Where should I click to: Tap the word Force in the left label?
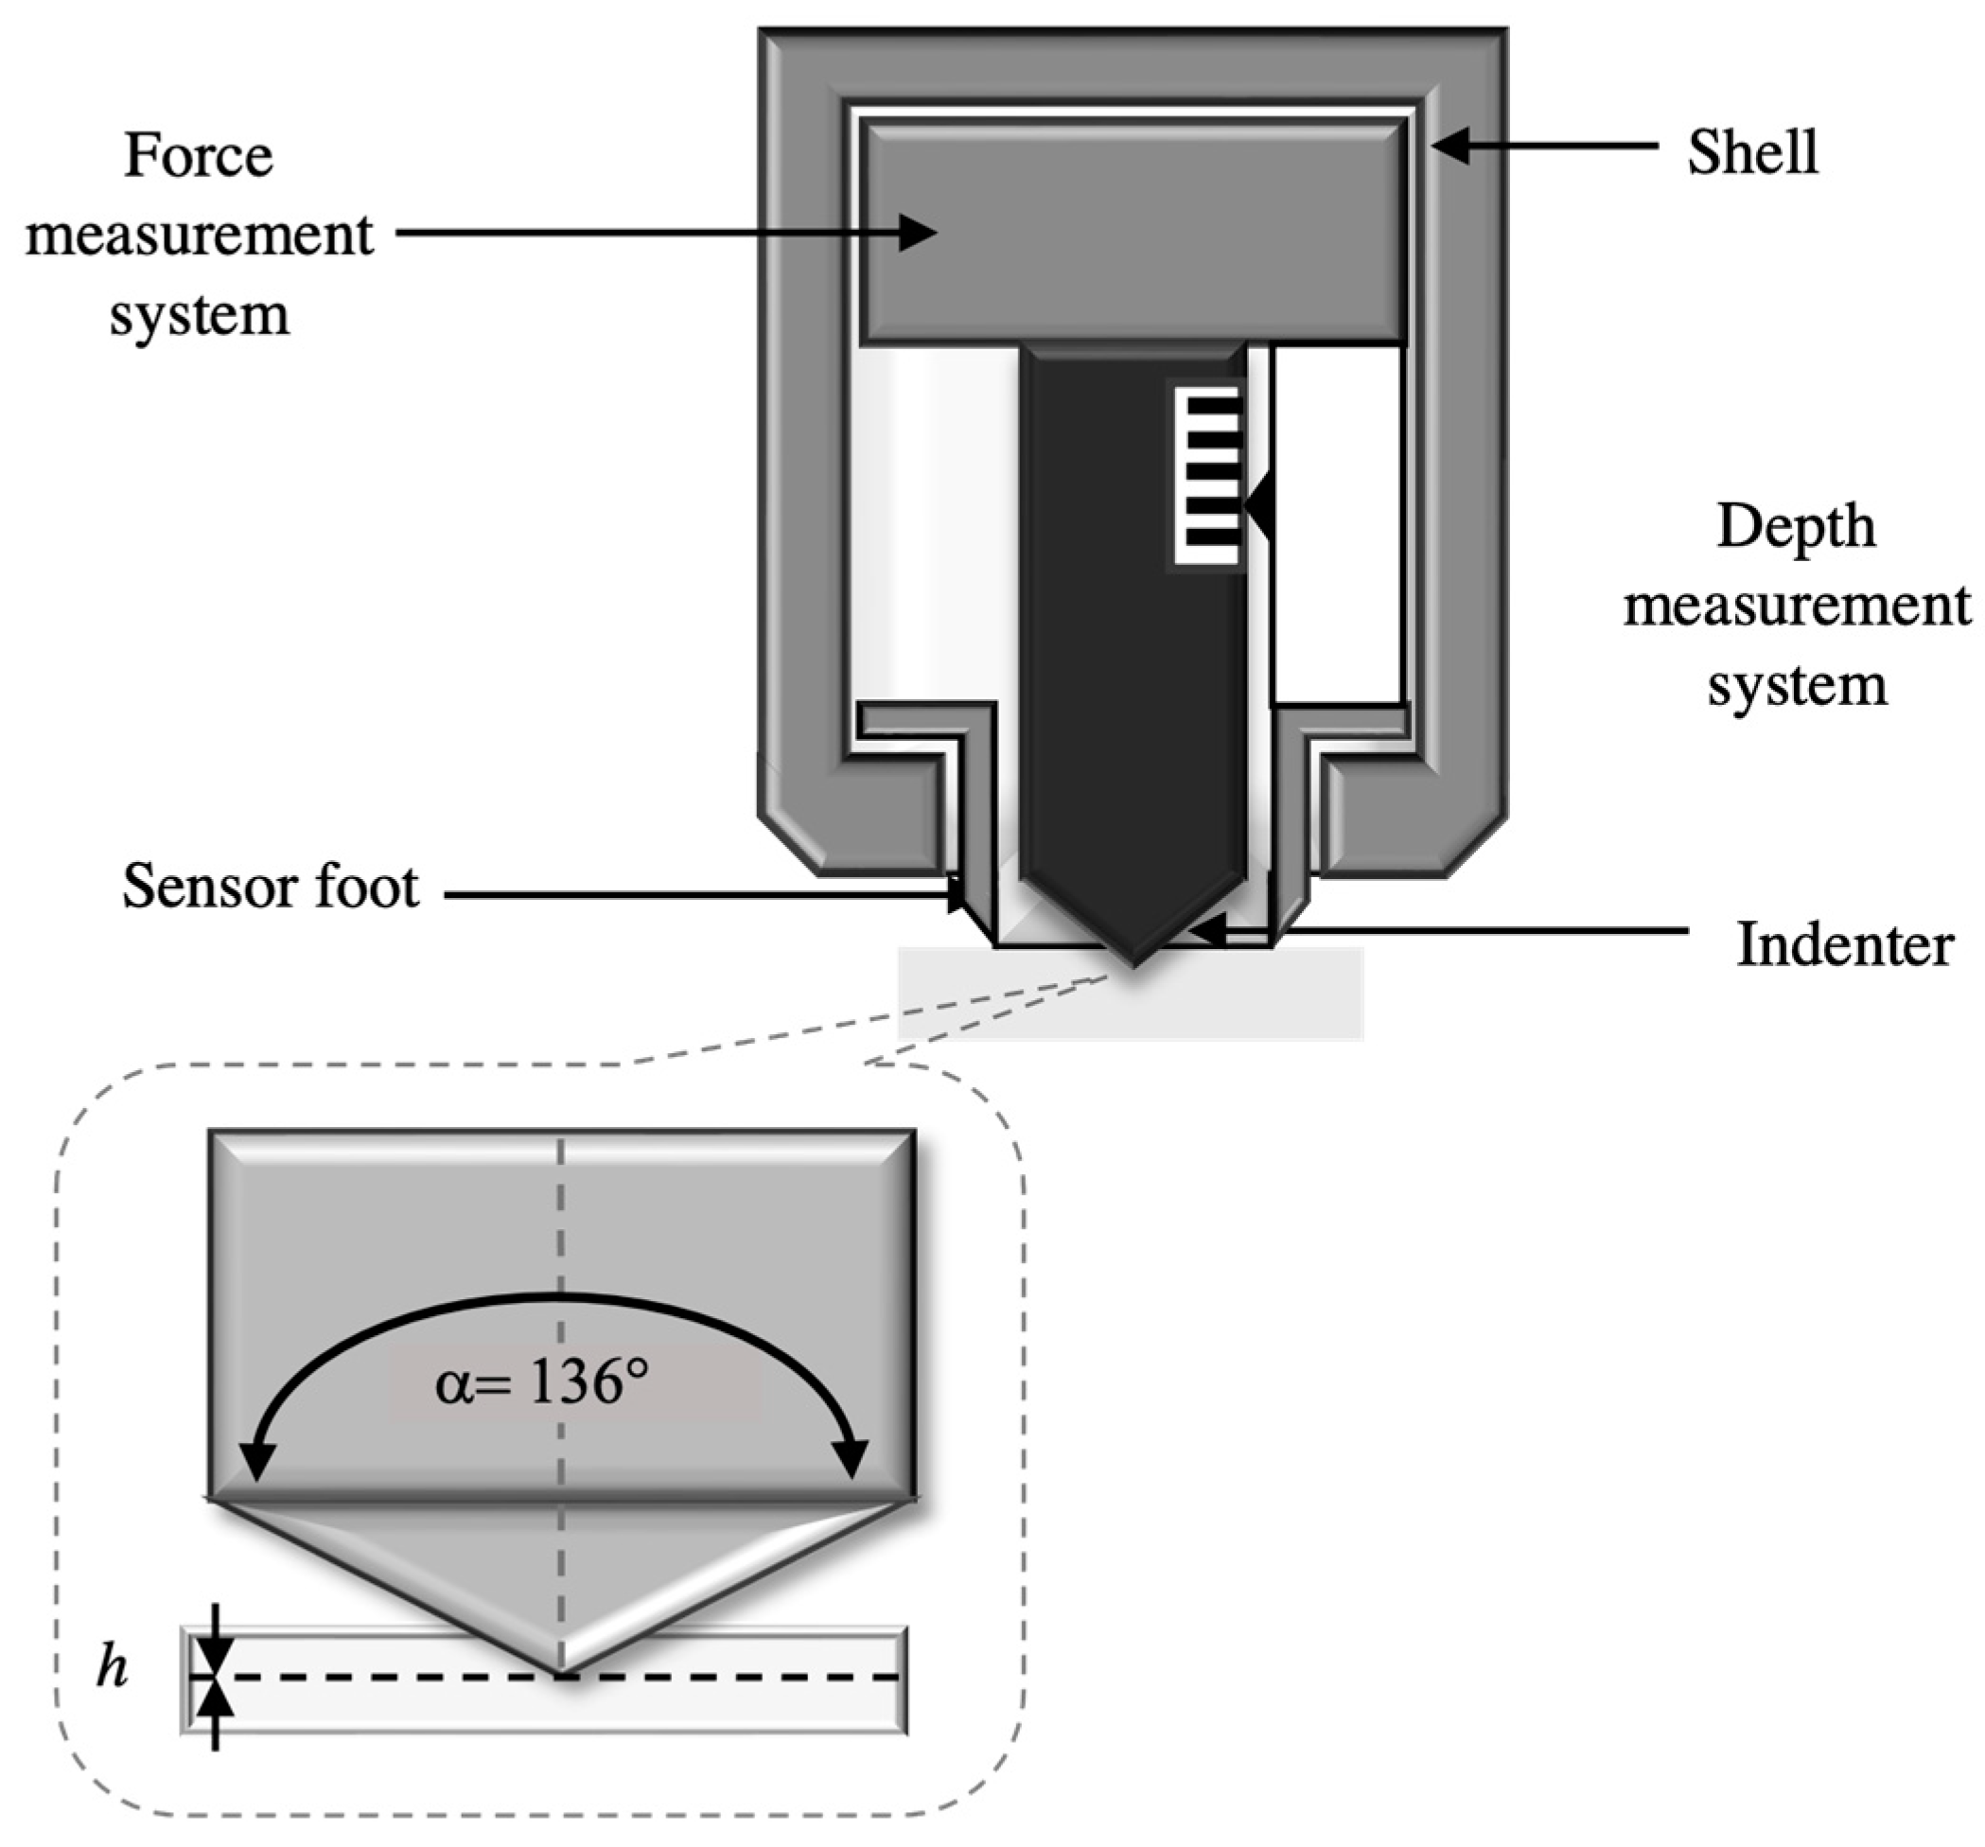tap(198, 157)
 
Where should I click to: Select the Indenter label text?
tap(1844, 944)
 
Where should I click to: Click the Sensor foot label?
tap(270, 887)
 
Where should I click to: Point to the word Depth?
tap(1795, 526)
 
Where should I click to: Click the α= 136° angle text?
tap(541, 1383)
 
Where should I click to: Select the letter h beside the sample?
tap(112, 1668)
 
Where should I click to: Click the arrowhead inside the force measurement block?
tap(917, 233)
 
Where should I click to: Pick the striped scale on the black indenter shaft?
tap(1208, 477)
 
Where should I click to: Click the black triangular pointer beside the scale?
tap(1259, 506)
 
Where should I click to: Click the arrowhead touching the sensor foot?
tap(957, 894)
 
